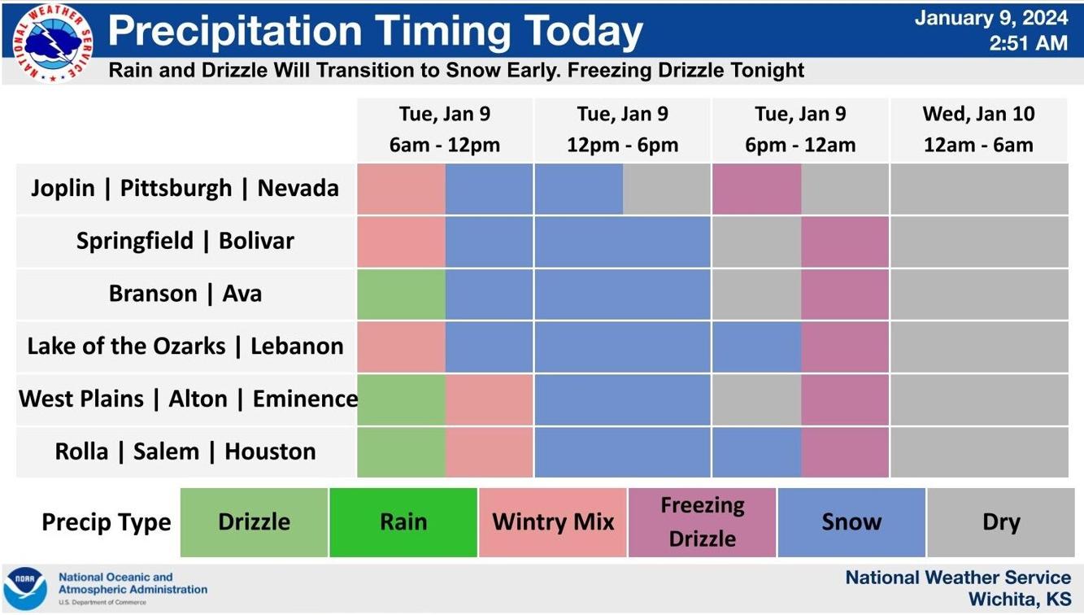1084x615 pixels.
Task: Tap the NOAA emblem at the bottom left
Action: (25, 587)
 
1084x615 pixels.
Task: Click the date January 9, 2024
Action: (990, 18)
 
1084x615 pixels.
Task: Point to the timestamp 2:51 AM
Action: (1028, 44)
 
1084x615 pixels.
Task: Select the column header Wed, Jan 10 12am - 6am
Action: (978, 129)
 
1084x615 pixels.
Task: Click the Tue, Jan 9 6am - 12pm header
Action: (444, 129)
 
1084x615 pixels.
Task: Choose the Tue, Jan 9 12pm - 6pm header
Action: (622, 129)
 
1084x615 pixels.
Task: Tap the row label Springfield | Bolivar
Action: (185, 241)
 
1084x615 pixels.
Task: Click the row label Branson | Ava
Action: (185, 294)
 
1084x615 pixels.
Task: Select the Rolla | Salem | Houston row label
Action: (185, 451)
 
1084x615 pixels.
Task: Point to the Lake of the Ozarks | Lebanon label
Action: (185, 347)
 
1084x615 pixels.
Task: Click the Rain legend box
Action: (403, 522)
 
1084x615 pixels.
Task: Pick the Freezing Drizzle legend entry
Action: (702, 522)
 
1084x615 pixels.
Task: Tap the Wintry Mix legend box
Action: (553, 522)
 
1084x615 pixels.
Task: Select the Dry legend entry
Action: (1000, 522)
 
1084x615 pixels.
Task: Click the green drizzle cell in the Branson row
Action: (402, 294)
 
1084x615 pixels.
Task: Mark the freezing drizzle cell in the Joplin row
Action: (756, 189)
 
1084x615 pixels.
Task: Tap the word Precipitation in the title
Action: (234, 32)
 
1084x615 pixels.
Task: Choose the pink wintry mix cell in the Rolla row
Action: (490, 451)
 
